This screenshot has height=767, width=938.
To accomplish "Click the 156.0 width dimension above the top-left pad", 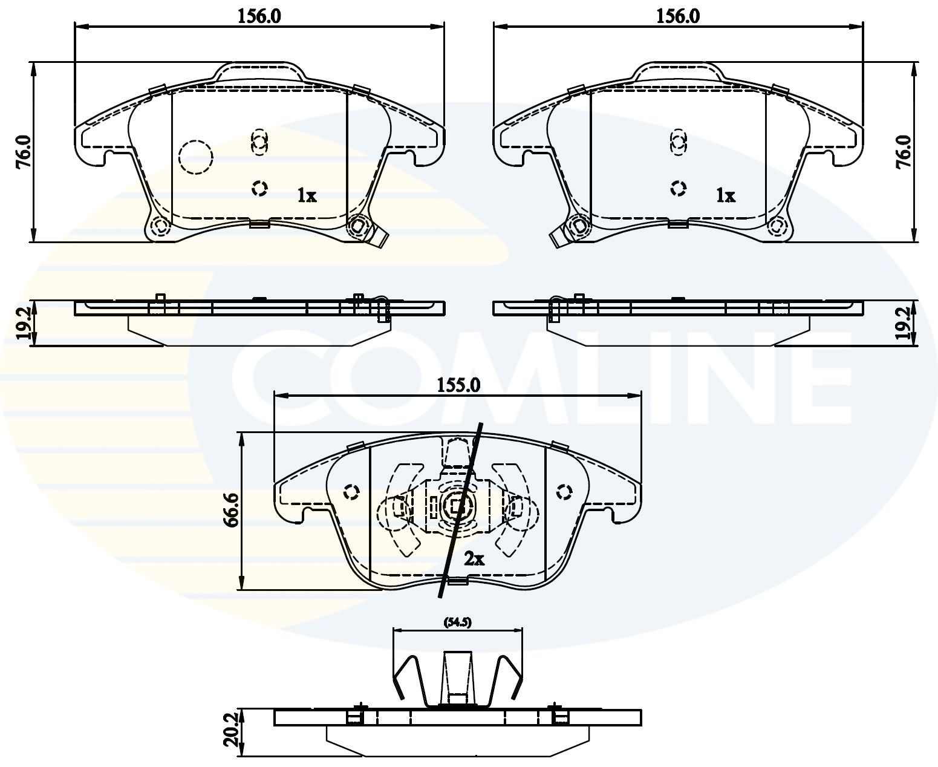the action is (x=259, y=16).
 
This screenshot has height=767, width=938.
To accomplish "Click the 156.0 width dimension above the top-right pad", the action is (x=678, y=16).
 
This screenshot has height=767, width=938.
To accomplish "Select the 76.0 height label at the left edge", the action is (x=23, y=152).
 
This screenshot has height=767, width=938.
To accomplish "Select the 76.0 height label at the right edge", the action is (x=904, y=152).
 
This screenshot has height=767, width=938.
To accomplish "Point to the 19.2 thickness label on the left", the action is (x=23, y=322).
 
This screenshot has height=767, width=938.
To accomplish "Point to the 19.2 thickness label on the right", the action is (x=904, y=322).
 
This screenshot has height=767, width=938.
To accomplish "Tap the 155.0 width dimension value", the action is (x=458, y=385).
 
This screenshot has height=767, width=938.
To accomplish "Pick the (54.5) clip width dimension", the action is (x=458, y=622).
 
